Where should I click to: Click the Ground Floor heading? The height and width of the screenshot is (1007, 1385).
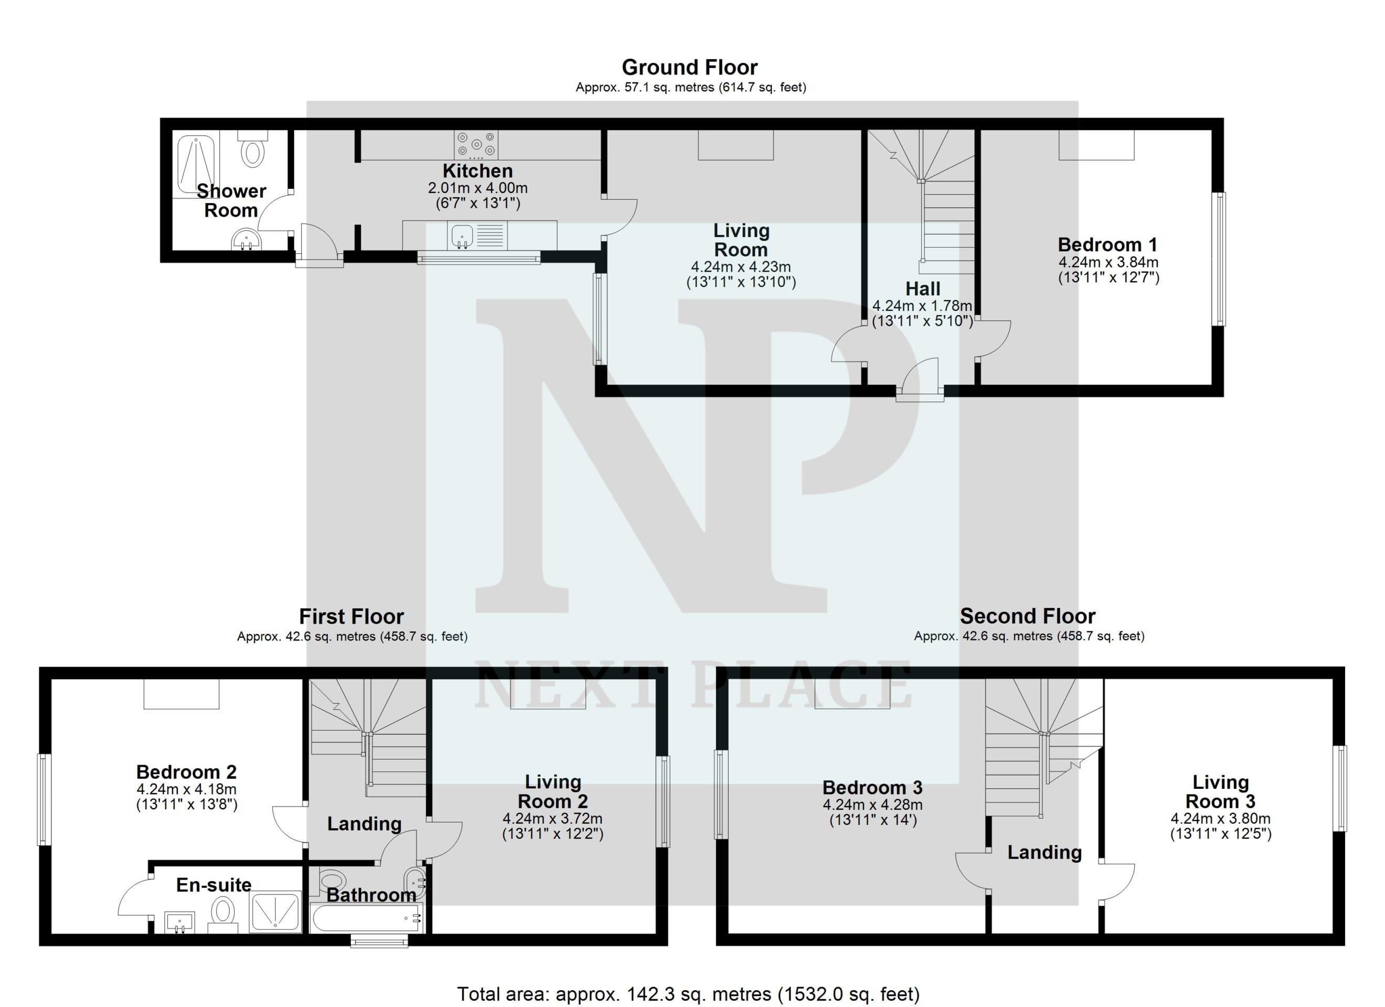pos(689,67)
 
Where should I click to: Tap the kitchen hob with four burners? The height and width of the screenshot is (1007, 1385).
pos(476,145)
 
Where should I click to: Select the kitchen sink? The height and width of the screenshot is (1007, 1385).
pos(462,235)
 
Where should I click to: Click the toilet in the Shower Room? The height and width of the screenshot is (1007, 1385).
pos(252,148)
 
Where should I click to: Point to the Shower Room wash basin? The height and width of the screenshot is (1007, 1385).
pos(247,239)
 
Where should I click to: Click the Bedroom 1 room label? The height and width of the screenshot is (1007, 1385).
pos(1108,245)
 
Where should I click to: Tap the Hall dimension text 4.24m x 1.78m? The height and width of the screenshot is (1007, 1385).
pos(922,306)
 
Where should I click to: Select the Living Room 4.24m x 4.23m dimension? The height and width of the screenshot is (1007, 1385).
pos(741,267)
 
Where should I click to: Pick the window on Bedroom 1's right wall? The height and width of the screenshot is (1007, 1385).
pos(1218,259)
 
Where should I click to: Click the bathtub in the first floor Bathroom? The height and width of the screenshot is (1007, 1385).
pos(366,918)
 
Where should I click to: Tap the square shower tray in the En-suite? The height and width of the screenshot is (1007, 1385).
pos(275,913)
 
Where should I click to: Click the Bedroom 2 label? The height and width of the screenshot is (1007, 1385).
pos(186,772)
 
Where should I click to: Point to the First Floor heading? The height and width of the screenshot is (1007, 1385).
pos(351,616)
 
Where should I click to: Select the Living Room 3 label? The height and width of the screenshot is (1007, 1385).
pos(1220,791)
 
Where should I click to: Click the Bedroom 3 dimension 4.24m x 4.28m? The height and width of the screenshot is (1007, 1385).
pos(872,805)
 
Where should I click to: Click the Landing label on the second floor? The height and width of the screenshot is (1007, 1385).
pos(1044,852)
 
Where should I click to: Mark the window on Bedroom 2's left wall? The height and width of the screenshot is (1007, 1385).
pos(44,799)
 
